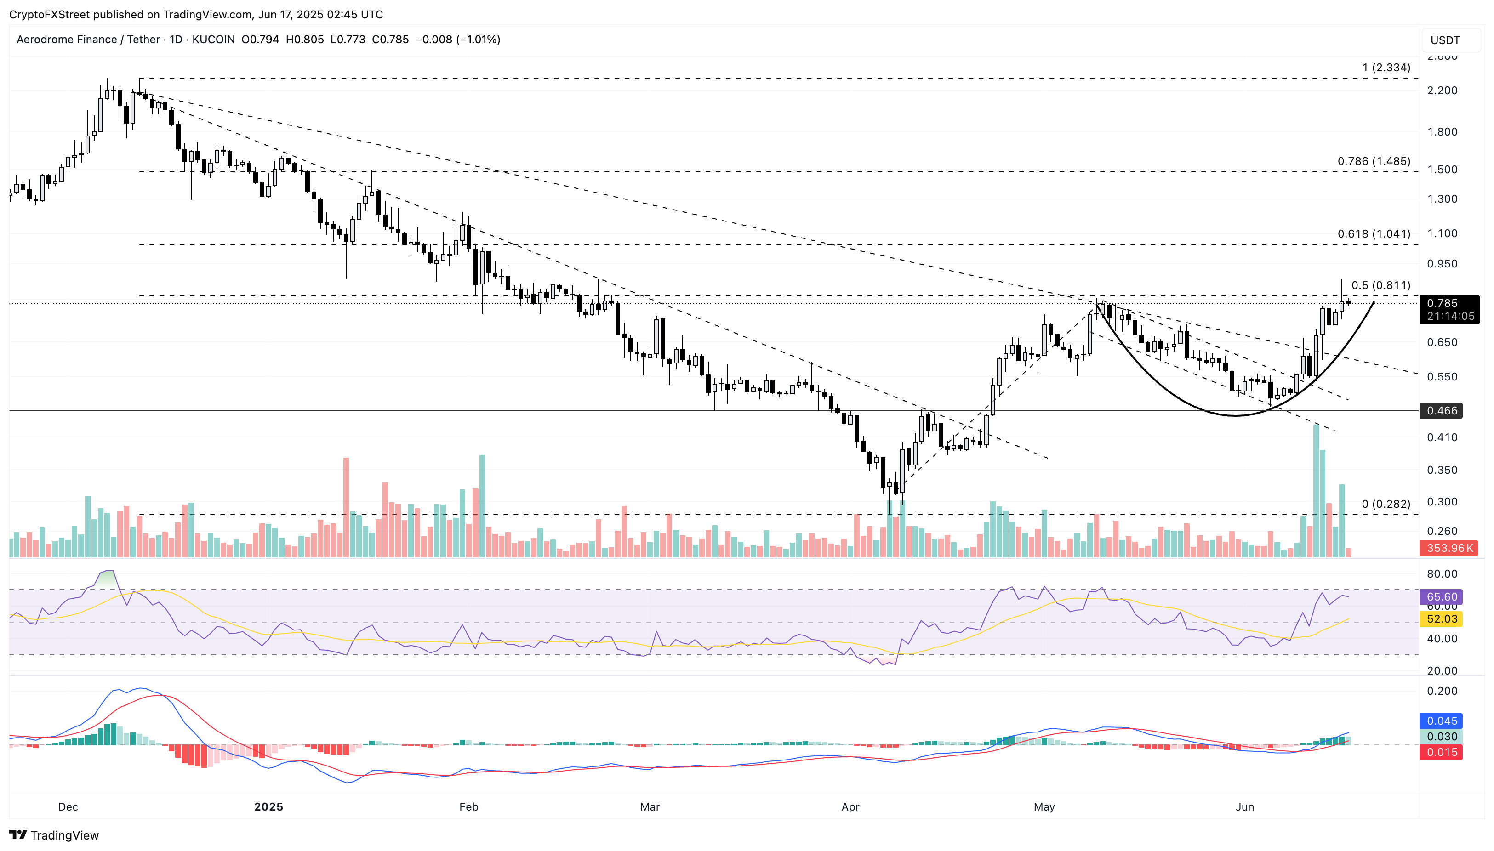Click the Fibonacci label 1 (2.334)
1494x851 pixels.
pyautogui.click(x=1386, y=68)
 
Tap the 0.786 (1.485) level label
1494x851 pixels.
pyautogui.click(x=1374, y=161)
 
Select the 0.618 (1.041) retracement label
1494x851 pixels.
pyautogui.click(x=1374, y=234)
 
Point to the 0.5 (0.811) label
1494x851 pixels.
pyautogui.click(x=1380, y=285)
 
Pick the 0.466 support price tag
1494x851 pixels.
pyautogui.click(x=1442, y=411)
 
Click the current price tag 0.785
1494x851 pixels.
pyautogui.click(x=1442, y=303)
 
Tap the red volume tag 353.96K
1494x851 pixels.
pyautogui.click(x=1448, y=548)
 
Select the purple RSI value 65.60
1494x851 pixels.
pyautogui.click(x=1442, y=597)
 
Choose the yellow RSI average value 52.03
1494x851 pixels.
pyautogui.click(x=1442, y=619)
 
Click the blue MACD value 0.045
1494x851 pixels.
pyautogui.click(x=1442, y=721)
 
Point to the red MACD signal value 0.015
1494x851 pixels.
pyautogui.click(x=1442, y=752)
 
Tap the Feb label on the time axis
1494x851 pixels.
pyautogui.click(x=468, y=806)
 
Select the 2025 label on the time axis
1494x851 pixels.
pyautogui.click(x=268, y=806)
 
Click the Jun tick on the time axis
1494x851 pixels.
pyautogui.click(x=1244, y=806)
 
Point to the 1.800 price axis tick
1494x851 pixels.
pyautogui.click(x=1442, y=132)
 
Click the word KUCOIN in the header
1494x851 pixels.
pyautogui.click(x=213, y=40)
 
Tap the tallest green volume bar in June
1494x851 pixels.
pyautogui.click(x=1316, y=491)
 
